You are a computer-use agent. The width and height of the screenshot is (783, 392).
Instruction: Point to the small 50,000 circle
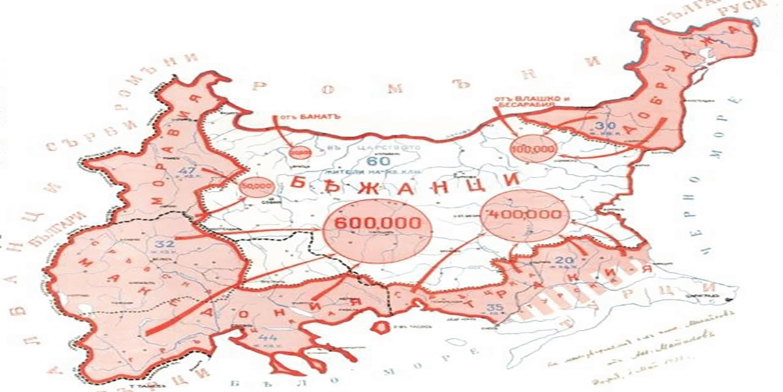(253, 186)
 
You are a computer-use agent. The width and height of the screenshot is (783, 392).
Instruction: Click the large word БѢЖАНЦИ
(403, 184)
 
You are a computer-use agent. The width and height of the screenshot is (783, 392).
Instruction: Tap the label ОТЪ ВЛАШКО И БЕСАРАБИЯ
(524, 100)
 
